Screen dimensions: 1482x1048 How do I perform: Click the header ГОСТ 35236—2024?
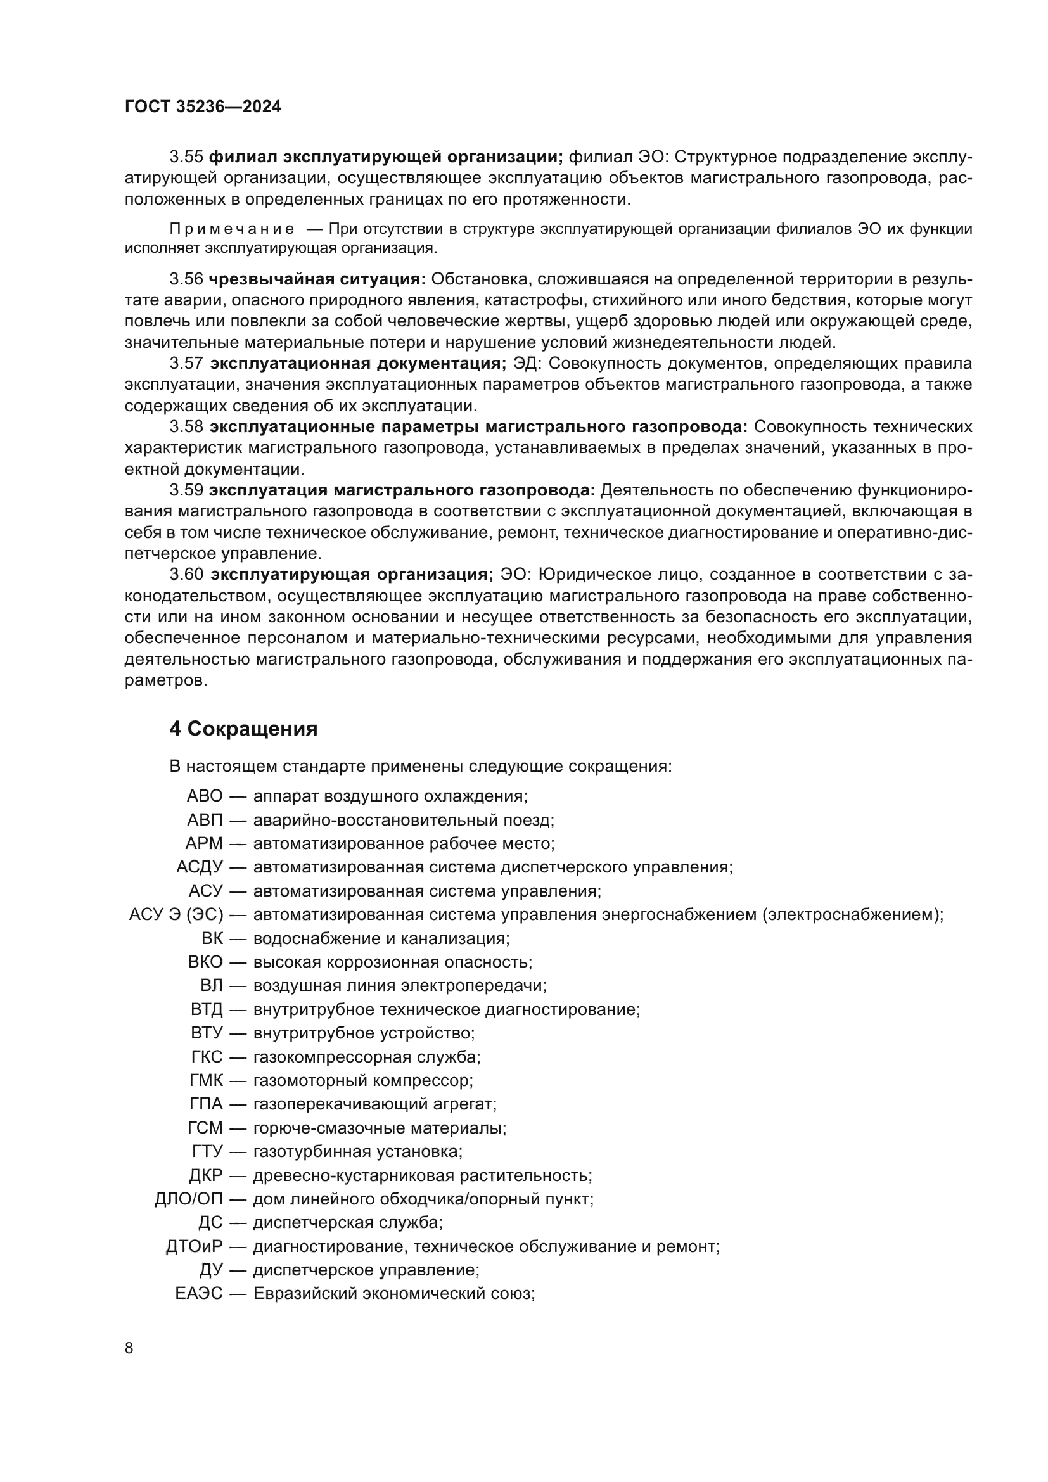point(203,107)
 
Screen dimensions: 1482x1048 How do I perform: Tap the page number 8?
point(129,1348)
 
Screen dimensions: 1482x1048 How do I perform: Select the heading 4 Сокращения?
point(243,729)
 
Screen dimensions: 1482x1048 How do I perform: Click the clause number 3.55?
point(186,157)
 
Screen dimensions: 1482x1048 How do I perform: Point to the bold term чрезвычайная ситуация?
point(317,279)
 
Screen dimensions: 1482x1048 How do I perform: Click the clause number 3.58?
point(186,426)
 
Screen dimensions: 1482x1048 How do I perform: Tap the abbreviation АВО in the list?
point(205,796)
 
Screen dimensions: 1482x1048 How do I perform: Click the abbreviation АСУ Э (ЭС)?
point(176,914)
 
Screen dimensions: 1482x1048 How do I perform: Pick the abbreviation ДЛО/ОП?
point(188,1199)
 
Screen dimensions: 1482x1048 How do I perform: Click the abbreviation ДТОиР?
point(194,1246)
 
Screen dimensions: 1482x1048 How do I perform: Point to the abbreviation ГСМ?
point(205,1128)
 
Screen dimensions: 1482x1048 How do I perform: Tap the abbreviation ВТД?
point(206,1009)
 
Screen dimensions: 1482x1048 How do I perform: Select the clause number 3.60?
point(186,575)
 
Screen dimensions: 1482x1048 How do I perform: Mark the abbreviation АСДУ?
point(200,867)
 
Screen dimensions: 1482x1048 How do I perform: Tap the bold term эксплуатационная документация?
point(358,364)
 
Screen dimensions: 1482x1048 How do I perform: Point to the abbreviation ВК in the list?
point(212,938)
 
